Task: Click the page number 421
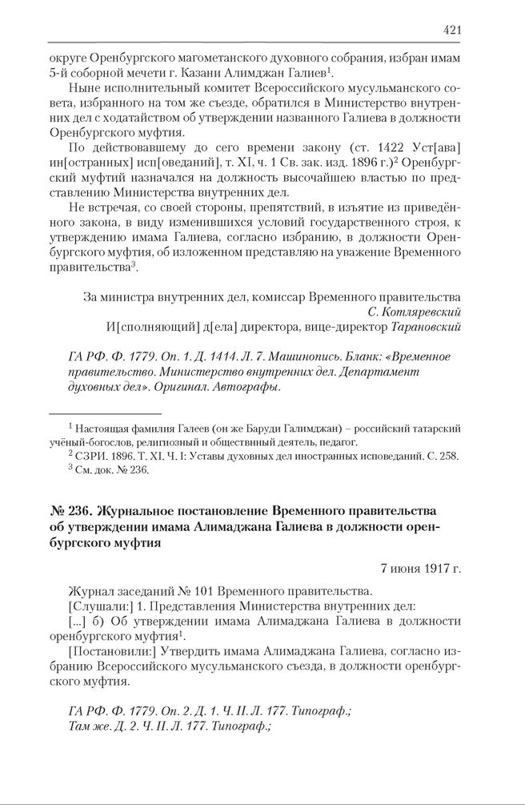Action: coord(451,30)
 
